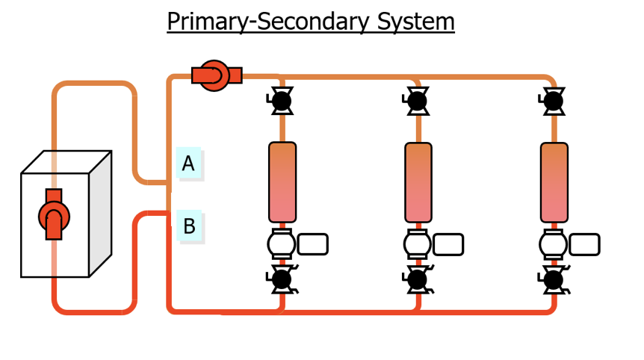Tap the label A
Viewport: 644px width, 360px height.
click(188, 163)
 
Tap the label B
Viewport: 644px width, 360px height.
click(189, 225)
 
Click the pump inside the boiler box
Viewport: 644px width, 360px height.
click(54, 215)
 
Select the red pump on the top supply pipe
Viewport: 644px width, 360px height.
click(216, 75)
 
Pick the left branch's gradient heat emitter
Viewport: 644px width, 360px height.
click(282, 182)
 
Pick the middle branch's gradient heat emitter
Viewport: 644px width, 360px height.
click(418, 182)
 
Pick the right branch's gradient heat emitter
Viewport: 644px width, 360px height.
click(554, 182)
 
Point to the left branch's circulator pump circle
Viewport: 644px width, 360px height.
click(282, 244)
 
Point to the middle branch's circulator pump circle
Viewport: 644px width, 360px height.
click(418, 244)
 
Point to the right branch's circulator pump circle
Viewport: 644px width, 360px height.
click(554, 244)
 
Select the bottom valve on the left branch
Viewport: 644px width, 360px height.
click(282, 279)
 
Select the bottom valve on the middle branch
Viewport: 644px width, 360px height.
click(418, 279)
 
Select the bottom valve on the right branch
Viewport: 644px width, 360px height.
click(554, 279)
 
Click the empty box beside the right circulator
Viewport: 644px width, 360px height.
click(584, 244)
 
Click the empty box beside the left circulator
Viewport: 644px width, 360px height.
click(312, 244)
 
